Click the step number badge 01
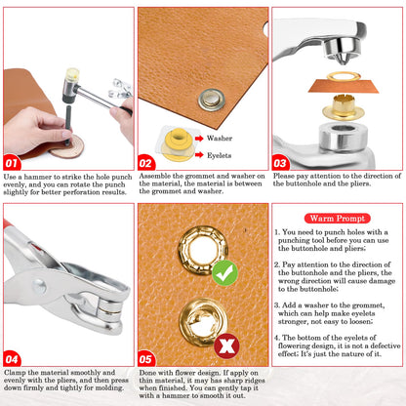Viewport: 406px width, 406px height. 12,162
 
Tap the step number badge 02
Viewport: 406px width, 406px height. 145,162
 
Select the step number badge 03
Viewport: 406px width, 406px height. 280,162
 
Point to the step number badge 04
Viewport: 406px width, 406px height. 12,359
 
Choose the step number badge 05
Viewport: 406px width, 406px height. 145,359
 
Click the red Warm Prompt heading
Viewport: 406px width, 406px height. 338,219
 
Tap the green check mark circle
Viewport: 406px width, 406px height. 224,273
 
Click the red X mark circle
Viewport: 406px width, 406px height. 226,345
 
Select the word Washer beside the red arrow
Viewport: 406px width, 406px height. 220,139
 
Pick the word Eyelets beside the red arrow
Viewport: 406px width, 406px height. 219,155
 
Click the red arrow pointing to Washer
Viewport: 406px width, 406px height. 199,139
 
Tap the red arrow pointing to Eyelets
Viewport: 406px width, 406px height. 199,154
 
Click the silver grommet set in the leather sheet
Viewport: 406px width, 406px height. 211,100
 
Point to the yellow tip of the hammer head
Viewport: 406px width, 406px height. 72,73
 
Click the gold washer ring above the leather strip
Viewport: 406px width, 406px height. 344,77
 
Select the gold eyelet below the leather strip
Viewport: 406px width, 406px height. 344,107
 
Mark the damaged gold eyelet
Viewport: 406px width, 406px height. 203,322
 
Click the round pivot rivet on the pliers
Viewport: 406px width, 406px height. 39,286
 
